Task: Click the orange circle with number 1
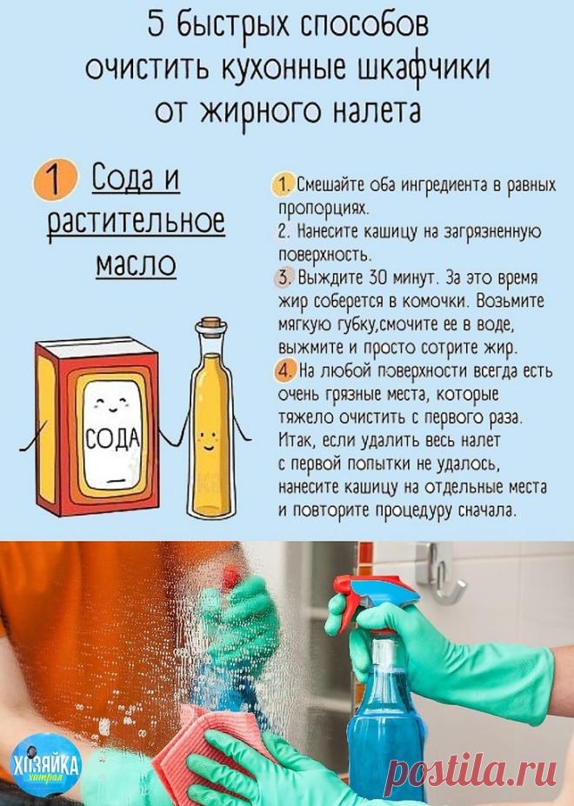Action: pyautogui.click(x=55, y=179)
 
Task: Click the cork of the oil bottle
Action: pyautogui.click(x=210, y=326)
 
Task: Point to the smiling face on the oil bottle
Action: pyautogui.click(x=208, y=440)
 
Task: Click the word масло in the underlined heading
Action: pyautogui.click(x=136, y=263)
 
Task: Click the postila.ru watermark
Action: pyautogui.click(x=473, y=769)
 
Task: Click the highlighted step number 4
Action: pyautogui.click(x=286, y=370)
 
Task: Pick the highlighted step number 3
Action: pyautogui.click(x=285, y=277)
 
